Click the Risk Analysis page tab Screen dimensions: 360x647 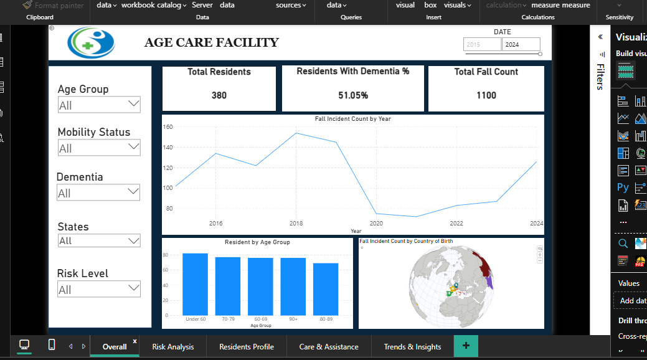[x=172, y=347]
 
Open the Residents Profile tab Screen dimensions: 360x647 [x=246, y=347]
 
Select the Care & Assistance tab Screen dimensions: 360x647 [x=328, y=347]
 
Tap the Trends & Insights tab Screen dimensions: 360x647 [x=412, y=347]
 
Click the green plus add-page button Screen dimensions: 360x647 [x=466, y=346]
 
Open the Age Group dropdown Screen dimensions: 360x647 [x=99, y=105]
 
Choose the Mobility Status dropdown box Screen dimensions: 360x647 [x=99, y=148]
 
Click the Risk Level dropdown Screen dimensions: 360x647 [x=99, y=289]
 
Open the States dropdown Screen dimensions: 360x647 [x=99, y=241]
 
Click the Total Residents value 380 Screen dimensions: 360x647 [x=219, y=96]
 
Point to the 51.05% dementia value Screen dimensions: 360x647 [x=352, y=96]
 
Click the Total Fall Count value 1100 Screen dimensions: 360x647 [x=486, y=95]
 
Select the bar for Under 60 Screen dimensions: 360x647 [x=195, y=284]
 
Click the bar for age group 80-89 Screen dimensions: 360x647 [x=325, y=289]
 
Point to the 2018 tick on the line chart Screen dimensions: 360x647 [x=296, y=223]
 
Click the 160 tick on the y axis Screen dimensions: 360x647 [x=168, y=127]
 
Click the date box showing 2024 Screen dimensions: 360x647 [x=521, y=45]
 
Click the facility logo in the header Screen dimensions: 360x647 [x=91, y=42]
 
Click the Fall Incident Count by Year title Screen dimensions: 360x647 [x=352, y=118]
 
